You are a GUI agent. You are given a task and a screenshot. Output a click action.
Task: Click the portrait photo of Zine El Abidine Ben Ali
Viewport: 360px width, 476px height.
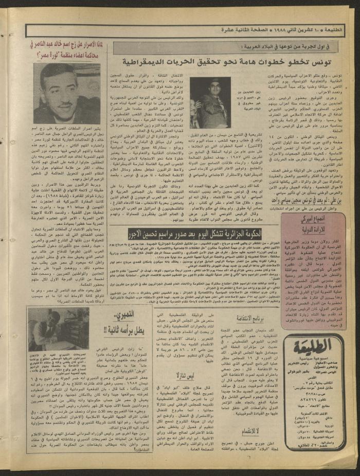pos(208,102)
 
